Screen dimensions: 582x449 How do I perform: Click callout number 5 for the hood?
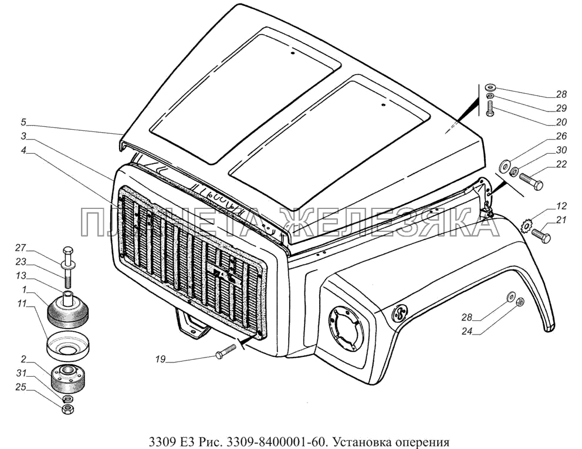pyautogui.click(x=23, y=122)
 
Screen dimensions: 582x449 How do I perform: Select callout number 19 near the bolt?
pyautogui.click(x=160, y=359)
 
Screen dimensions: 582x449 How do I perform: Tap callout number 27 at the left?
pyautogui.click(x=21, y=248)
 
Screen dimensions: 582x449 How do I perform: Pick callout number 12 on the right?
pyautogui.click(x=561, y=206)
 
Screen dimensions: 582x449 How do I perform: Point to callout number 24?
pyautogui.click(x=467, y=331)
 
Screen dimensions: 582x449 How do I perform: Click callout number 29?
pyautogui.click(x=561, y=108)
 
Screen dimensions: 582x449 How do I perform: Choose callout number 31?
pyautogui.click(x=21, y=373)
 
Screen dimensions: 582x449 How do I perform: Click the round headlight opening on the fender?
pyautogui.click(x=346, y=328)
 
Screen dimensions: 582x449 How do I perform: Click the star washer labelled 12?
pyautogui.click(x=527, y=226)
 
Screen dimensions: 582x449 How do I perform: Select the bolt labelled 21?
pyautogui.click(x=541, y=236)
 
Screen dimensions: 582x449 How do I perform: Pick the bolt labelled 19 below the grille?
pyautogui.click(x=225, y=351)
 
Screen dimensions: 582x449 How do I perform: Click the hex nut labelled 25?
pyautogui.click(x=68, y=410)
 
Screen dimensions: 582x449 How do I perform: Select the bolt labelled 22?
pyautogui.click(x=531, y=181)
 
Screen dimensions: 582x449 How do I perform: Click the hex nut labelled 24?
pyautogui.click(x=520, y=302)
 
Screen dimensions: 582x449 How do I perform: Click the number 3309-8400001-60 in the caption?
pyautogui.click(x=285, y=441)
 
